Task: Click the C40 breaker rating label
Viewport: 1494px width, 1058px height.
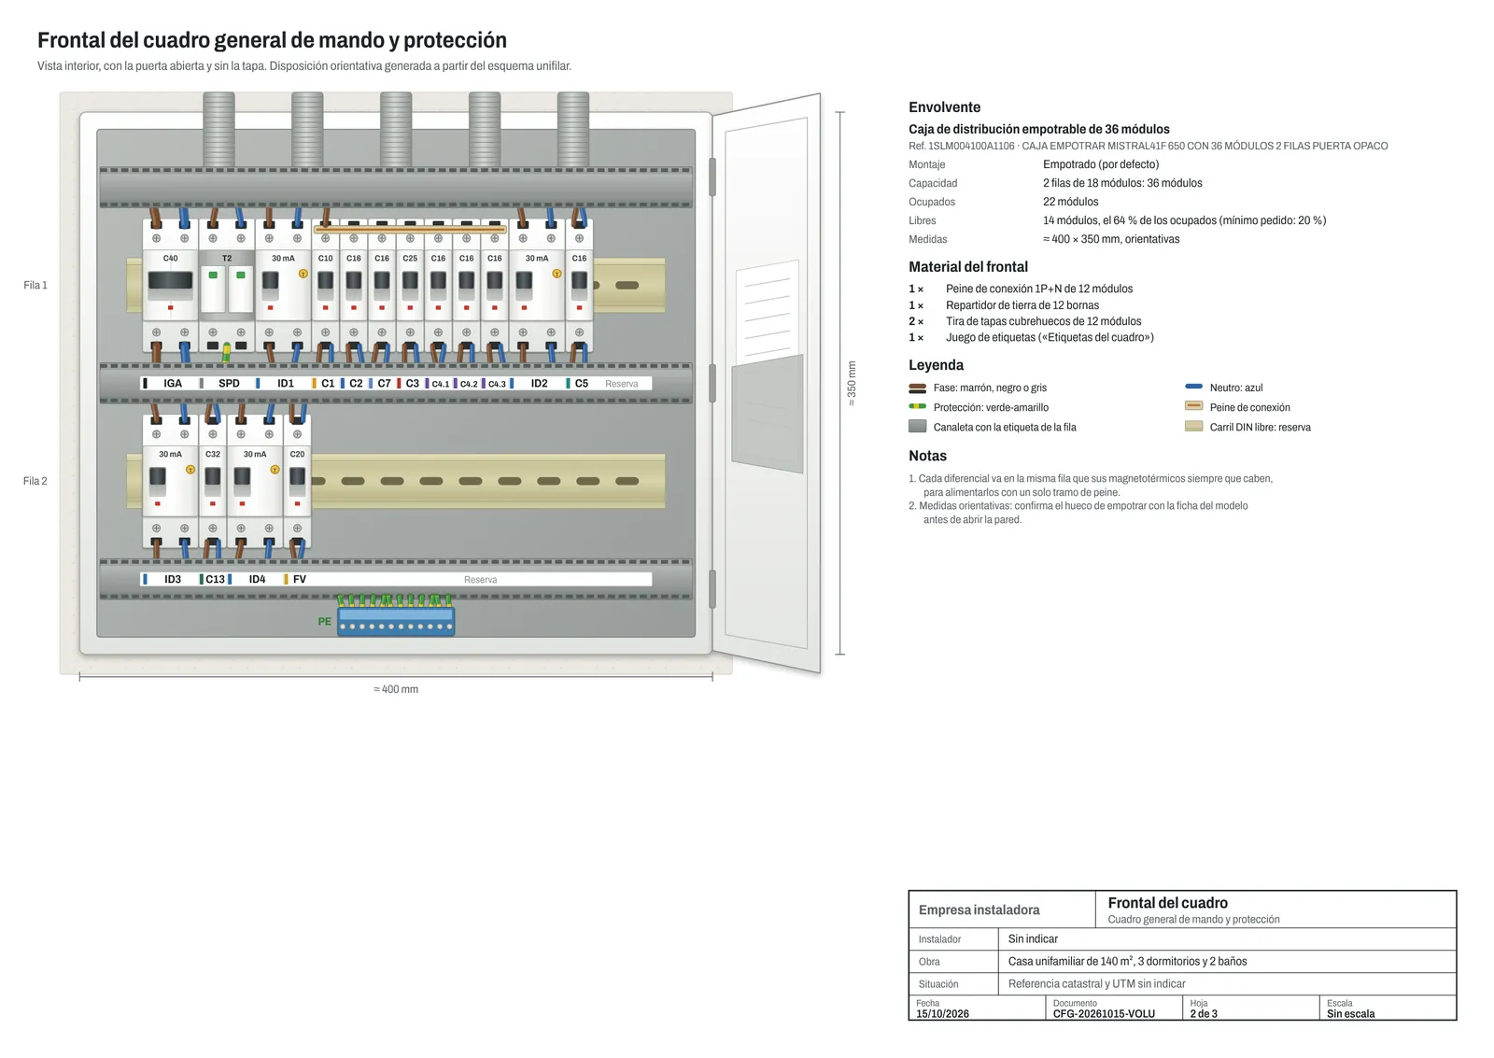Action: (x=171, y=258)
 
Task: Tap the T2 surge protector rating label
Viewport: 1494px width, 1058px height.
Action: (x=227, y=258)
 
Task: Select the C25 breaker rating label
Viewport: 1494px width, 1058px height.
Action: (x=410, y=258)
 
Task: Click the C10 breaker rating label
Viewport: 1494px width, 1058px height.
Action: (x=326, y=258)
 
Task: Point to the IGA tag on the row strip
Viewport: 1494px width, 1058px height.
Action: (x=173, y=384)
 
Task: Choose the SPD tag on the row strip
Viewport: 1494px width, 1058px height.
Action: (x=229, y=384)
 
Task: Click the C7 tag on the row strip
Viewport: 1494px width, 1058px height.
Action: (x=384, y=384)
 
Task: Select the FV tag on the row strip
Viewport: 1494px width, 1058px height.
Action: (x=300, y=579)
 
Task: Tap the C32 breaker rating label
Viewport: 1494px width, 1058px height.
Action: (x=213, y=454)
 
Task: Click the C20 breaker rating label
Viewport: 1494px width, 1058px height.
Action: (x=298, y=454)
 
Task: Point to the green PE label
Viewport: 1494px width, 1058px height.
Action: (x=324, y=622)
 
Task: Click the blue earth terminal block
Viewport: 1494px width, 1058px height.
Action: (x=396, y=621)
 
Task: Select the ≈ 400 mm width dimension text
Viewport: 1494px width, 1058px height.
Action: (x=396, y=689)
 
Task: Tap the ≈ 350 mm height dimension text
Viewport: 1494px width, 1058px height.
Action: (x=852, y=384)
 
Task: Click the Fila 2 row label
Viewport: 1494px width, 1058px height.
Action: (x=35, y=481)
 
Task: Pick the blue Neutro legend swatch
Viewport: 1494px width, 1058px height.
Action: (x=1194, y=387)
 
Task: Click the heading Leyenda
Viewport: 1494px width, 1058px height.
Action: (x=936, y=365)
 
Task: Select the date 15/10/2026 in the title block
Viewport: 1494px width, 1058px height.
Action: (x=942, y=1014)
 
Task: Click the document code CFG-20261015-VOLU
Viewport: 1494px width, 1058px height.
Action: (x=1104, y=1014)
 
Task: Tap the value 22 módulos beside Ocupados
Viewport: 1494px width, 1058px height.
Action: (x=1070, y=202)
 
